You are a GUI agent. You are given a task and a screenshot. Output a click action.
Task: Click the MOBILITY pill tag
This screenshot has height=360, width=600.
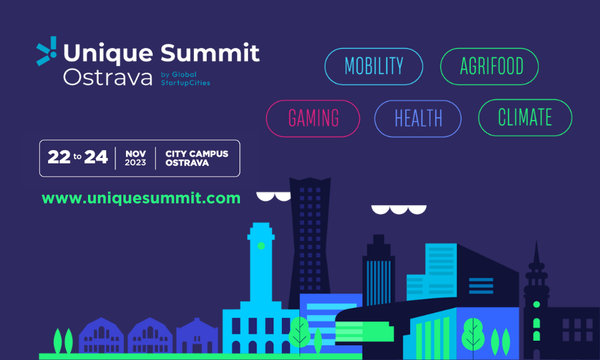373,66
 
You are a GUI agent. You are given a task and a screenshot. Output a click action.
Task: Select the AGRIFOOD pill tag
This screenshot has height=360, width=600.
489,66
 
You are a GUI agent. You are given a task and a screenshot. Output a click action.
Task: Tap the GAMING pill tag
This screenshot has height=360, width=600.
313,118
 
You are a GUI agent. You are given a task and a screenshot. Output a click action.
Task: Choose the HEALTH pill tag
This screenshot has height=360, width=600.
418,118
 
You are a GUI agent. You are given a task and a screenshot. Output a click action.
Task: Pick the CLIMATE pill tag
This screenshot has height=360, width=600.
525,117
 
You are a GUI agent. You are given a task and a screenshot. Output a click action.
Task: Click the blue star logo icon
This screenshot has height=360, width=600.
47,51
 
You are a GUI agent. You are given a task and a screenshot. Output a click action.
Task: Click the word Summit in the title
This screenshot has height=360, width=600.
210,53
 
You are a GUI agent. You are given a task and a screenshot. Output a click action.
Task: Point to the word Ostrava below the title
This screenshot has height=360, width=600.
108,77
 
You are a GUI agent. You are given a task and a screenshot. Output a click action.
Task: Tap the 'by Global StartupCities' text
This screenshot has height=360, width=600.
185,79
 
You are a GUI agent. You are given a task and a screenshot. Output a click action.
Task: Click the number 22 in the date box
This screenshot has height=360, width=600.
59,157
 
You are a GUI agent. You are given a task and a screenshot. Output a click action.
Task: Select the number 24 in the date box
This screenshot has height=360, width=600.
95,157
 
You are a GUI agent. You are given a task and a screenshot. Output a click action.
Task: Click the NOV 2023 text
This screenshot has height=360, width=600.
135,158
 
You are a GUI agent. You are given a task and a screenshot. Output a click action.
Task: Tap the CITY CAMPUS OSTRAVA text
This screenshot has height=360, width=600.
197,158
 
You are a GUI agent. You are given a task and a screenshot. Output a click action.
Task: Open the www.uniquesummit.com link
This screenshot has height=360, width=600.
141,198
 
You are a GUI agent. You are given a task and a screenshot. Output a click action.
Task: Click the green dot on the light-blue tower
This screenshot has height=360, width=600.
261,245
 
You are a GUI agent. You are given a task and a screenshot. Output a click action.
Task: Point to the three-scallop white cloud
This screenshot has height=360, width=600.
399,209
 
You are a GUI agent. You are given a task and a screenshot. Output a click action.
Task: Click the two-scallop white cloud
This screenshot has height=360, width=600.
273,196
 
